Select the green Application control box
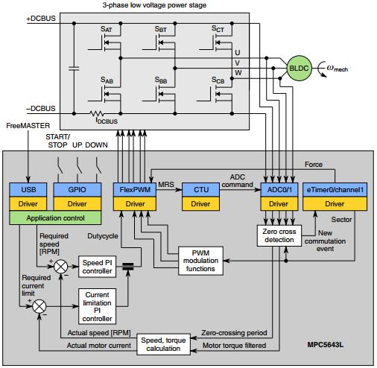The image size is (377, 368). click(54, 219)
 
